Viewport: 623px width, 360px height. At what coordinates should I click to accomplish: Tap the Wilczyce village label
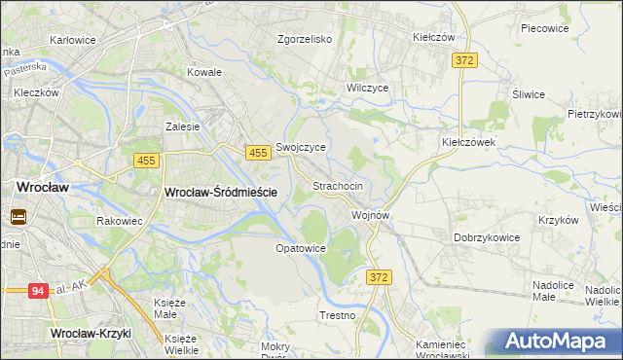[368, 88]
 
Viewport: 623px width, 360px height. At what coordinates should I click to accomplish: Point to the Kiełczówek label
[469, 141]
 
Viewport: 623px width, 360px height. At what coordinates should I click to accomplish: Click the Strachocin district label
[338, 186]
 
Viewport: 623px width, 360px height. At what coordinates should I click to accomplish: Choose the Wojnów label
[371, 215]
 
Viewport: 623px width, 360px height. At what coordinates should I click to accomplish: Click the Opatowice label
[300, 248]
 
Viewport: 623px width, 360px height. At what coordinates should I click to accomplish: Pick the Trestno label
[338, 316]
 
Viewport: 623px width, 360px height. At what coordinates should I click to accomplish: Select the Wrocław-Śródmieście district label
[222, 193]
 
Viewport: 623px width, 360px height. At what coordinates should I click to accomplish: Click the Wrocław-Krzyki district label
[91, 334]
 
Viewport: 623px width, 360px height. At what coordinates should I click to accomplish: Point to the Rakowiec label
[121, 221]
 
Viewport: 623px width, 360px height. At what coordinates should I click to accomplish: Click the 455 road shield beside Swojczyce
[258, 154]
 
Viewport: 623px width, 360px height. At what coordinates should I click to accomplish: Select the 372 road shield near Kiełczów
[464, 60]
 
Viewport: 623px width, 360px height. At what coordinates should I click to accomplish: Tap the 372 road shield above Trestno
[379, 278]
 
